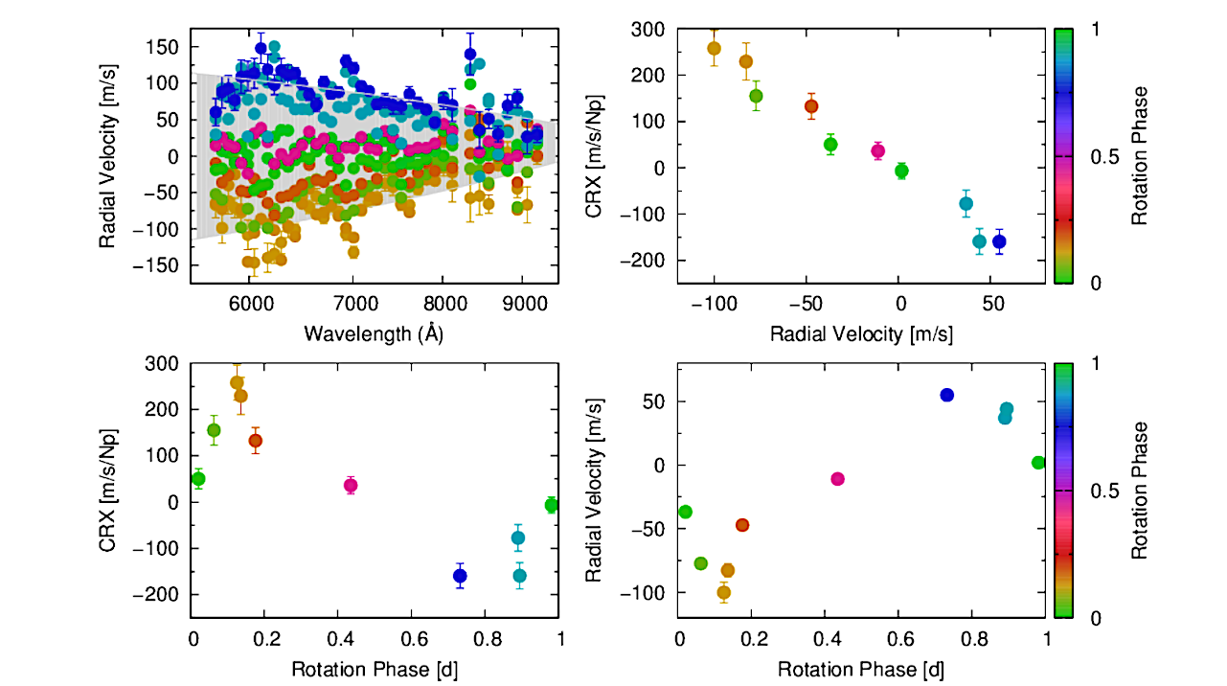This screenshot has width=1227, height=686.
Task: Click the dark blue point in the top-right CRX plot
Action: click(x=999, y=241)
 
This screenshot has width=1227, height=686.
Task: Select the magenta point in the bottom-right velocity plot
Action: click(x=837, y=478)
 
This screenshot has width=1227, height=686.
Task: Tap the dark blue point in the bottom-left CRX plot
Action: click(x=460, y=576)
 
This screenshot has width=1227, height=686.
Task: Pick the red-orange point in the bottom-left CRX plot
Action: click(x=256, y=441)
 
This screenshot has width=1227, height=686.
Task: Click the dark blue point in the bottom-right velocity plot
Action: click(x=947, y=395)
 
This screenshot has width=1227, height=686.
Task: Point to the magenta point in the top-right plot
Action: click(x=878, y=150)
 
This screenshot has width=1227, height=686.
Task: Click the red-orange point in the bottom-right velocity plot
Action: click(x=742, y=525)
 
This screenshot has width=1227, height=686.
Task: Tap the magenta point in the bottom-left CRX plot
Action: click(x=351, y=486)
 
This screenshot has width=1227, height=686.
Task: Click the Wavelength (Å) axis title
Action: click(x=374, y=332)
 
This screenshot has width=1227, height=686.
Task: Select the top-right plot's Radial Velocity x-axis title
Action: click(x=861, y=333)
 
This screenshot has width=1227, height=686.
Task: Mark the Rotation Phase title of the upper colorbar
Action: click(x=1139, y=156)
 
